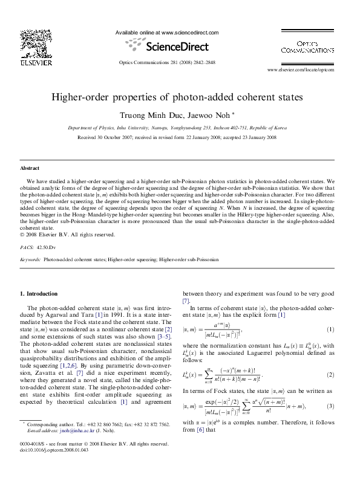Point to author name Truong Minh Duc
click(x=145, y=115)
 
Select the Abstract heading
click(x=30, y=167)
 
